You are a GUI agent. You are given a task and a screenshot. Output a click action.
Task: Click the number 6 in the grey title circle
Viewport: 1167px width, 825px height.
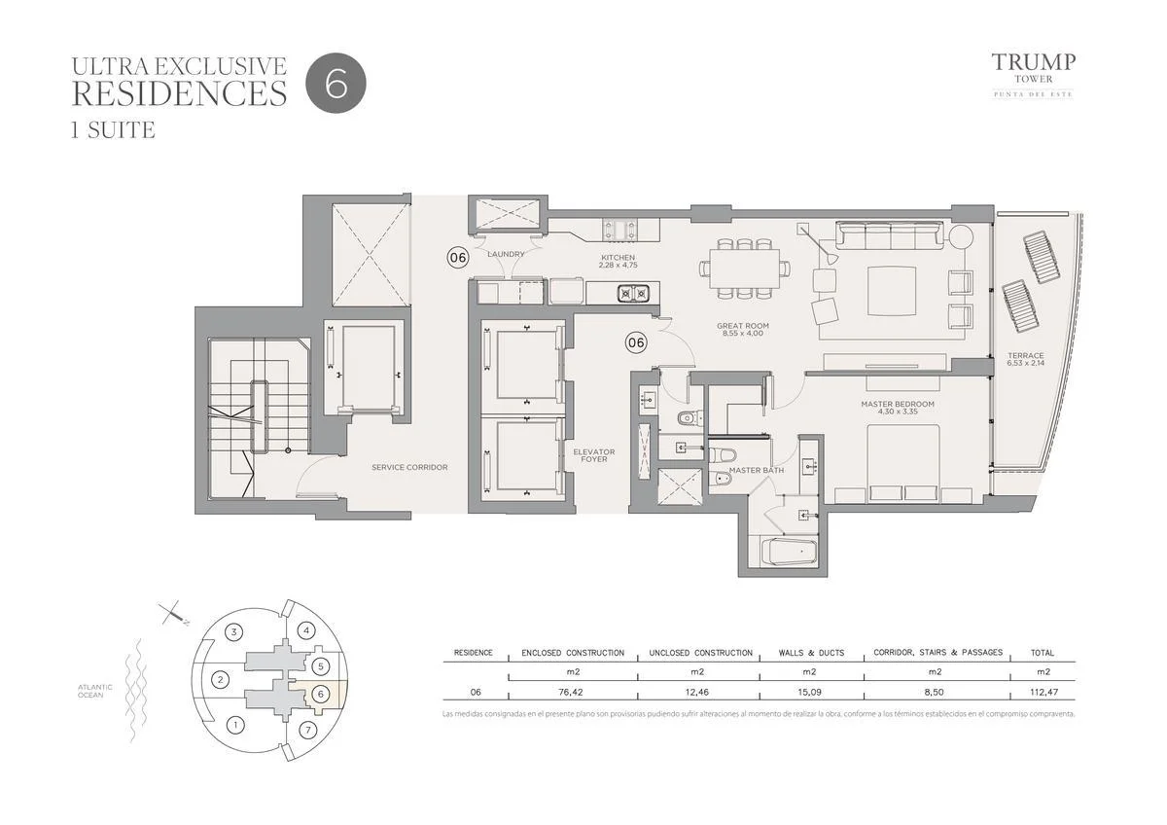click(336, 84)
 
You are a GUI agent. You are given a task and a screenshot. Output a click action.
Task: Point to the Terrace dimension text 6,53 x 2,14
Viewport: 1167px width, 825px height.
click(1026, 363)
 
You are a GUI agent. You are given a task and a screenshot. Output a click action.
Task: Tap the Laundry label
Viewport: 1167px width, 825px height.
click(506, 254)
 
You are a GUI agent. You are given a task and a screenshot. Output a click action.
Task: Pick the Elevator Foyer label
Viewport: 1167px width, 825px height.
click(594, 455)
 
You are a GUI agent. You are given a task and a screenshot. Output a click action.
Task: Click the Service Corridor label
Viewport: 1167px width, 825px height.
click(409, 468)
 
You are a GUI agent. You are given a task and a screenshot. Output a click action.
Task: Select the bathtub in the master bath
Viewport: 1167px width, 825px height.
click(789, 552)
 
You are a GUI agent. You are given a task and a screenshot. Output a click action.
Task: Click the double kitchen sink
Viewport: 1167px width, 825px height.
click(633, 294)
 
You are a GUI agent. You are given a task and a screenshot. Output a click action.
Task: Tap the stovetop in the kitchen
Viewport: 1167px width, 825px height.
click(620, 230)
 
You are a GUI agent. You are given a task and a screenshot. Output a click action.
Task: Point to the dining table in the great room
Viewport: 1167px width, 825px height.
click(744, 269)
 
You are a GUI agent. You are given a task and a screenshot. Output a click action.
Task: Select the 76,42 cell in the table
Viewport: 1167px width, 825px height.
click(573, 692)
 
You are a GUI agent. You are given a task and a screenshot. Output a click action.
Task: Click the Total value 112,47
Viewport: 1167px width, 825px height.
click(1042, 692)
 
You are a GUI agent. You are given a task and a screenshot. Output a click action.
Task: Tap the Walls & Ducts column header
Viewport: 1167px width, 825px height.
click(811, 653)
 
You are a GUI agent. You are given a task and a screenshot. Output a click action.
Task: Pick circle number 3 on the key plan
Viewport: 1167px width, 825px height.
click(234, 632)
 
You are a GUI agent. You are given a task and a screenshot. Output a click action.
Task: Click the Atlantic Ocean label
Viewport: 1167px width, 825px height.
click(95, 691)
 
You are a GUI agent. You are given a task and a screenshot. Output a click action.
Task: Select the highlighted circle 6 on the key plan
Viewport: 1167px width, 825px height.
click(321, 695)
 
